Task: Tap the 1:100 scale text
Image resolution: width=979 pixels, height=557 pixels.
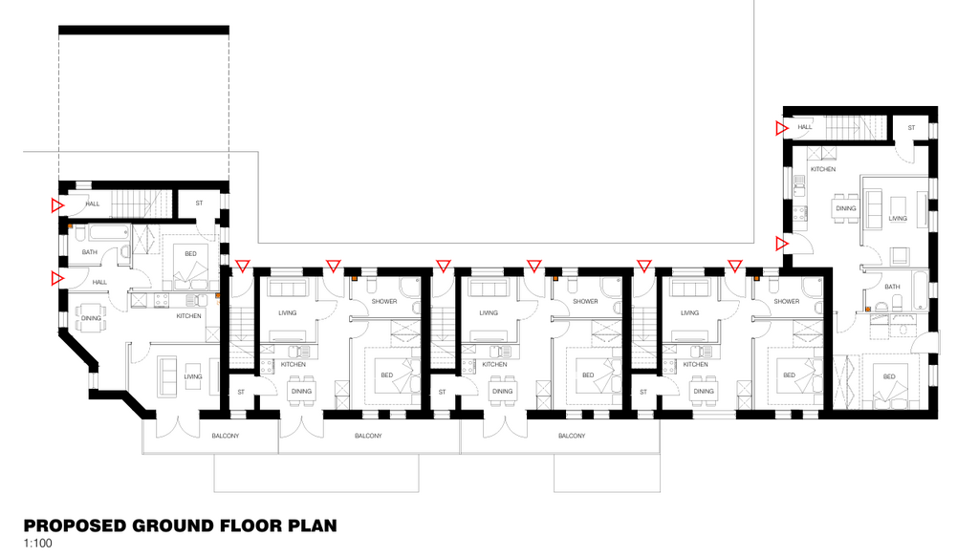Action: [37, 544]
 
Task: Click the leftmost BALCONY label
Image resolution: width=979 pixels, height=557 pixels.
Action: [226, 436]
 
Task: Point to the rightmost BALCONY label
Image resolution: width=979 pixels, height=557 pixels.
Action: [572, 436]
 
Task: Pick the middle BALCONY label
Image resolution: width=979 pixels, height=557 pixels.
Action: [368, 436]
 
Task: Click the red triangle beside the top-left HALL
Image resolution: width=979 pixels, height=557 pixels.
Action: [57, 205]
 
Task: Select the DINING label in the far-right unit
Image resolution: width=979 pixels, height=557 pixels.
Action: [846, 208]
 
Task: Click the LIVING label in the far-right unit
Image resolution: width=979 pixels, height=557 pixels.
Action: [898, 218]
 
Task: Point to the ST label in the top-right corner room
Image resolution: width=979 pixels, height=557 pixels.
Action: [911, 128]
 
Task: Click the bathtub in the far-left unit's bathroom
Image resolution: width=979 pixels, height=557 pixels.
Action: [109, 233]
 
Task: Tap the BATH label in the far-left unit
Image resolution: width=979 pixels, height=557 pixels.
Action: [89, 252]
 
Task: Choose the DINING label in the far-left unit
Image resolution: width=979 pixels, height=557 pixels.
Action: [91, 318]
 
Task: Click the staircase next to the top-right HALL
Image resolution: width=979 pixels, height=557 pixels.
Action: [856, 128]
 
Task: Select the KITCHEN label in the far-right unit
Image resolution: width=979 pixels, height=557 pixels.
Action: [823, 169]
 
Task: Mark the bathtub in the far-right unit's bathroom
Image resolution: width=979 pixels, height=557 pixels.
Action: [921, 290]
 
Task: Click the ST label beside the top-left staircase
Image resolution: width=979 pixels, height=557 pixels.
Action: [199, 204]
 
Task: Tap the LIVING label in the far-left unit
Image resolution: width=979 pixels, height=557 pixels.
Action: [193, 376]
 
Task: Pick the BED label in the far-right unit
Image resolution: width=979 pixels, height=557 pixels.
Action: [889, 376]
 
